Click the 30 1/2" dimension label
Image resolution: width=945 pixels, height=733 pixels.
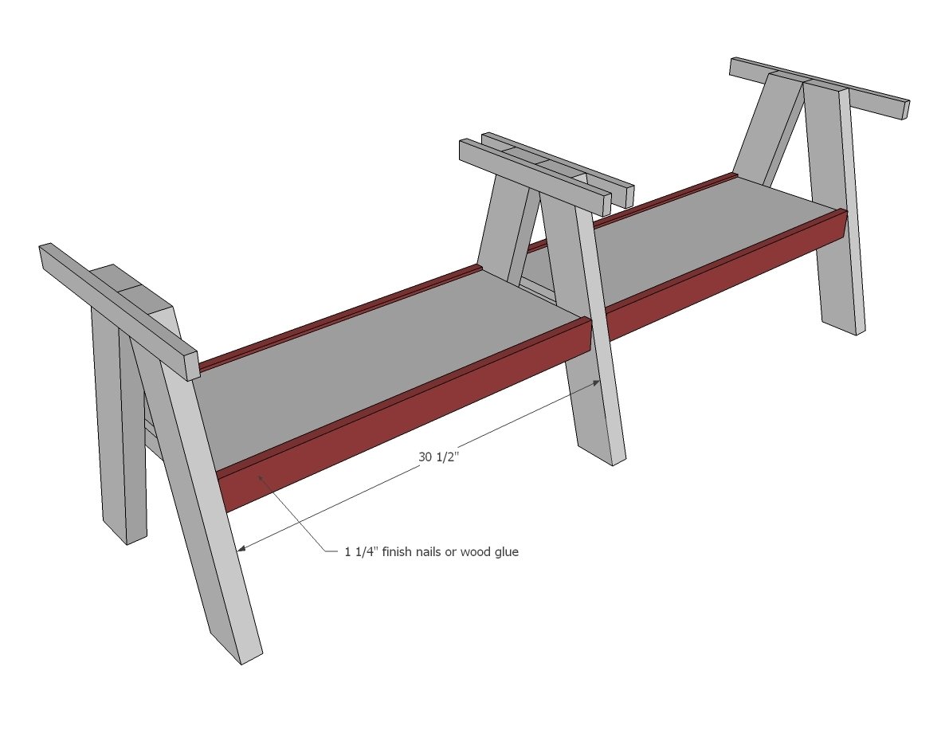tap(439, 457)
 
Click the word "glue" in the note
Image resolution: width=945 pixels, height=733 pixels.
tap(506, 552)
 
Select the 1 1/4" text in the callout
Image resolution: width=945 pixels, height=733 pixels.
tap(361, 551)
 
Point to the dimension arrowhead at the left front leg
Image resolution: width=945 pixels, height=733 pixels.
tap(241, 548)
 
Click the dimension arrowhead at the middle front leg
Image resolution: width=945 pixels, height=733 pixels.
tap(596, 382)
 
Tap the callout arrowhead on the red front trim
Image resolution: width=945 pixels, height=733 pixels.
tap(261, 477)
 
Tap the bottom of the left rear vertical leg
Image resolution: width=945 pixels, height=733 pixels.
tap(125, 531)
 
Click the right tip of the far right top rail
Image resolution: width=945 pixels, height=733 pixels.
tap(904, 110)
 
